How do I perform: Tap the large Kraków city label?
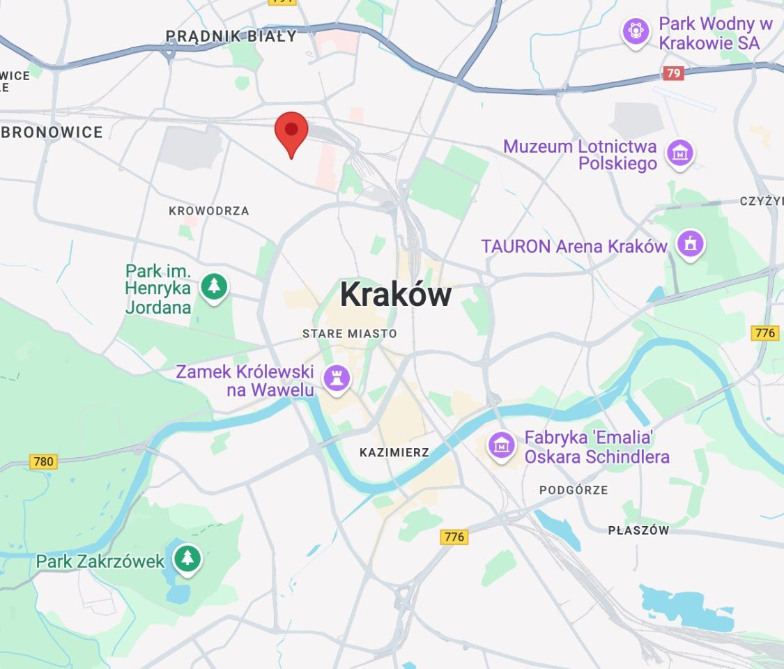tap(395, 295)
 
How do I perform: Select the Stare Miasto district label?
tap(349, 334)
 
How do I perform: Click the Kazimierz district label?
tap(394, 453)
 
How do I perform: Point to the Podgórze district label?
tap(574, 490)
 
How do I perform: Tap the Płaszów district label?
tap(638, 530)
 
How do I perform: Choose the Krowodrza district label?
tap(208, 210)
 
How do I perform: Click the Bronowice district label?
tap(52, 132)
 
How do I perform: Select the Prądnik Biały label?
tap(231, 36)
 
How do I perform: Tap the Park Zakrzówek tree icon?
tap(187, 558)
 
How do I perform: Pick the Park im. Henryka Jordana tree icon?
tap(214, 286)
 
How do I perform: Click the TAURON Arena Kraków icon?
tap(691, 244)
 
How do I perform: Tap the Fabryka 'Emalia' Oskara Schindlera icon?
tap(501, 444)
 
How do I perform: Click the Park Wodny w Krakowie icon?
tap(636, 31)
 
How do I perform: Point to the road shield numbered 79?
tap(673, 73)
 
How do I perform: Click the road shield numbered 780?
tap(43, 461)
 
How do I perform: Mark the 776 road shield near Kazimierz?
tap(454, 537)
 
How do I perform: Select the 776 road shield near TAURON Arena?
tap(765, 333)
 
